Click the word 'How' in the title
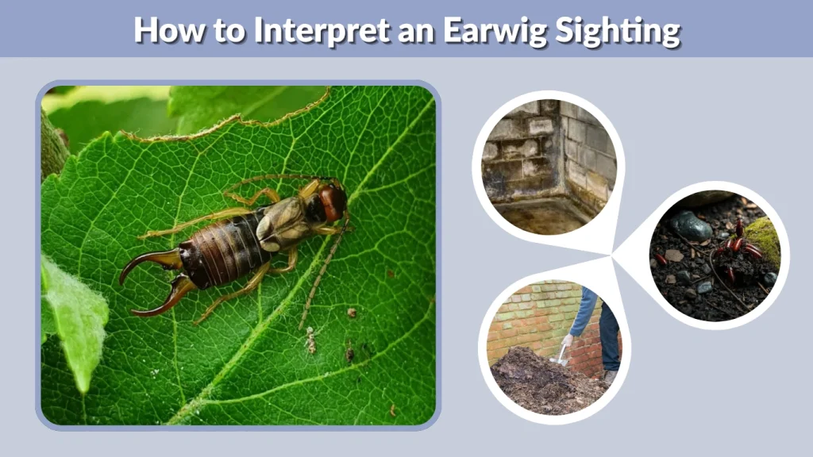click(165, 30)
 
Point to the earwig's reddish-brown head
click(333, 203)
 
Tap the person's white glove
click(567, 340)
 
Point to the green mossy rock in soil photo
click(765, 237)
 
